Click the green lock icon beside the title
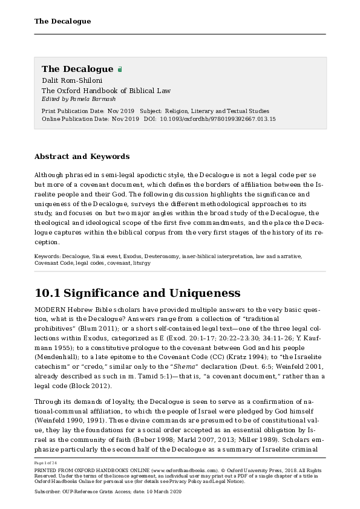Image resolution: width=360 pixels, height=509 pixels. click(120, 70)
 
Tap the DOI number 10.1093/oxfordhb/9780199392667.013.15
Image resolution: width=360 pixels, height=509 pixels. click(218, 119)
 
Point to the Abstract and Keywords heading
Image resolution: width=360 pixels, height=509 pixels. click(82, 157)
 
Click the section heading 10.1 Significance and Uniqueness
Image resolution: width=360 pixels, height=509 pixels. click(137, 294)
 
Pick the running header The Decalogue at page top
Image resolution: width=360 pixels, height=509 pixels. click(62, 21)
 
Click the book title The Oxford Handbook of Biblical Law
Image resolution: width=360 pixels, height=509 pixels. click(106, 91)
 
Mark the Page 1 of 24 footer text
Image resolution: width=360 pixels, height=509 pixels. click(48, 462)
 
